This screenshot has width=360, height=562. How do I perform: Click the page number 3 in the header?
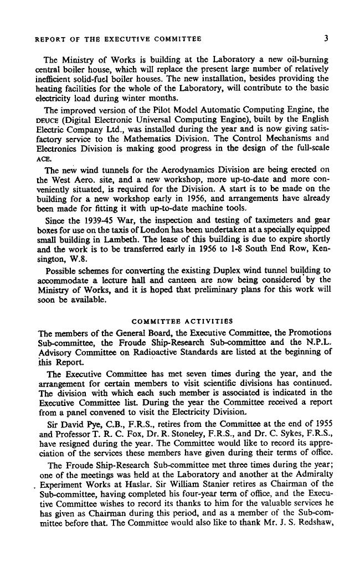(x=327, y=39)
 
